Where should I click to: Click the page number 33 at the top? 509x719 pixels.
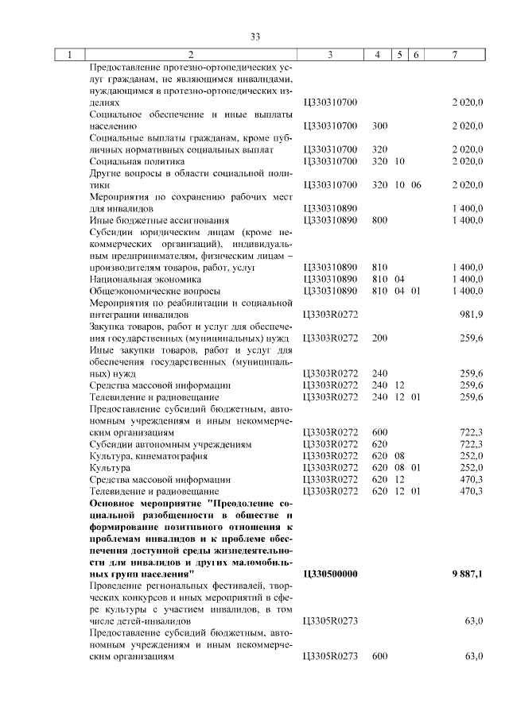(255, 37)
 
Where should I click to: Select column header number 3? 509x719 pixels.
(329, 55)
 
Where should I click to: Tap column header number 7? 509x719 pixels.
(453, 55)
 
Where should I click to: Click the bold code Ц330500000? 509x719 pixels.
(331, 573)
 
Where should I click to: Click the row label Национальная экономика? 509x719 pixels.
(138, 280)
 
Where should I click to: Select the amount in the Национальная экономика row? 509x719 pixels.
(467, 280)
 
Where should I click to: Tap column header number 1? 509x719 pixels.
(70, 55)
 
